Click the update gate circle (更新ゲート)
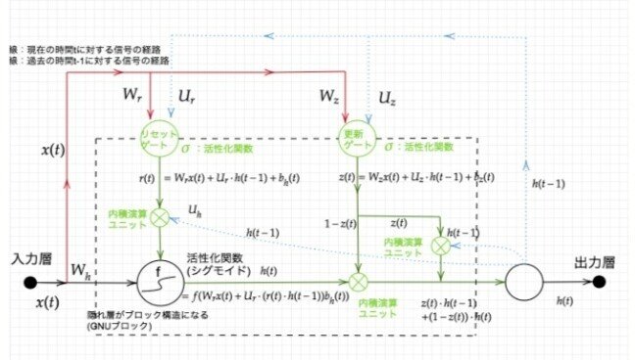[355, 139]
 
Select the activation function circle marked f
[156, 277]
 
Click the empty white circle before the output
[525, 282]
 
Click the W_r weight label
[131, 98]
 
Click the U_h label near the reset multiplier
[195, 211]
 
